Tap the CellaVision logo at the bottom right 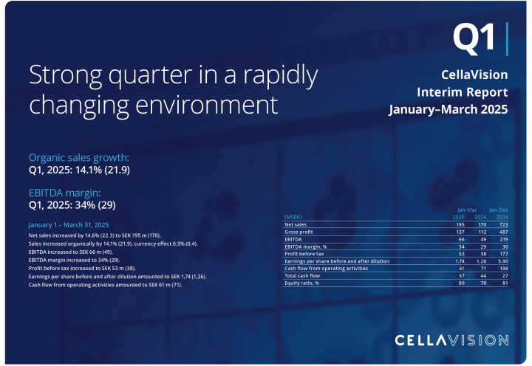point(451,340)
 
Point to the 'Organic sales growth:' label point(78,158)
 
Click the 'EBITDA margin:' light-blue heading point(66,192)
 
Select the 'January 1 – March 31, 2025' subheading point(69,224)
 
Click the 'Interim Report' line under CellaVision point(462,92)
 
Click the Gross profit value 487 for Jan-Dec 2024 point(503,232)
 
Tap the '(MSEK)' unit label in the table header point(293,217)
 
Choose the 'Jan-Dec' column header point(499,210)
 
